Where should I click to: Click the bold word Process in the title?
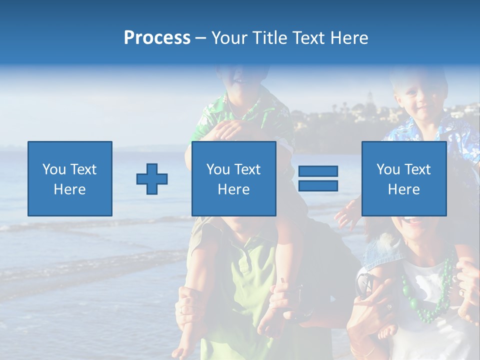(157, 38)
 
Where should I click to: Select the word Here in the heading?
(349, 38)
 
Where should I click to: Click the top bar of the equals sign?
(318, 171)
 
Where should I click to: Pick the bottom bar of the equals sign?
(318, 186)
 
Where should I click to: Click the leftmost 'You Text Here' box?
(69, 178)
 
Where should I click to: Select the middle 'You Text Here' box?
(233, 178)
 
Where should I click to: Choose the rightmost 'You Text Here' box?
(403, 178)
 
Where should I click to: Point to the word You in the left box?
(53, 169)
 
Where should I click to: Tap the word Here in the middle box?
(233, 189)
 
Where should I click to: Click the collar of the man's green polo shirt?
(245, 247)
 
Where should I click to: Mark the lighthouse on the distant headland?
(370, 96)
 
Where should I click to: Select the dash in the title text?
(201, 38)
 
